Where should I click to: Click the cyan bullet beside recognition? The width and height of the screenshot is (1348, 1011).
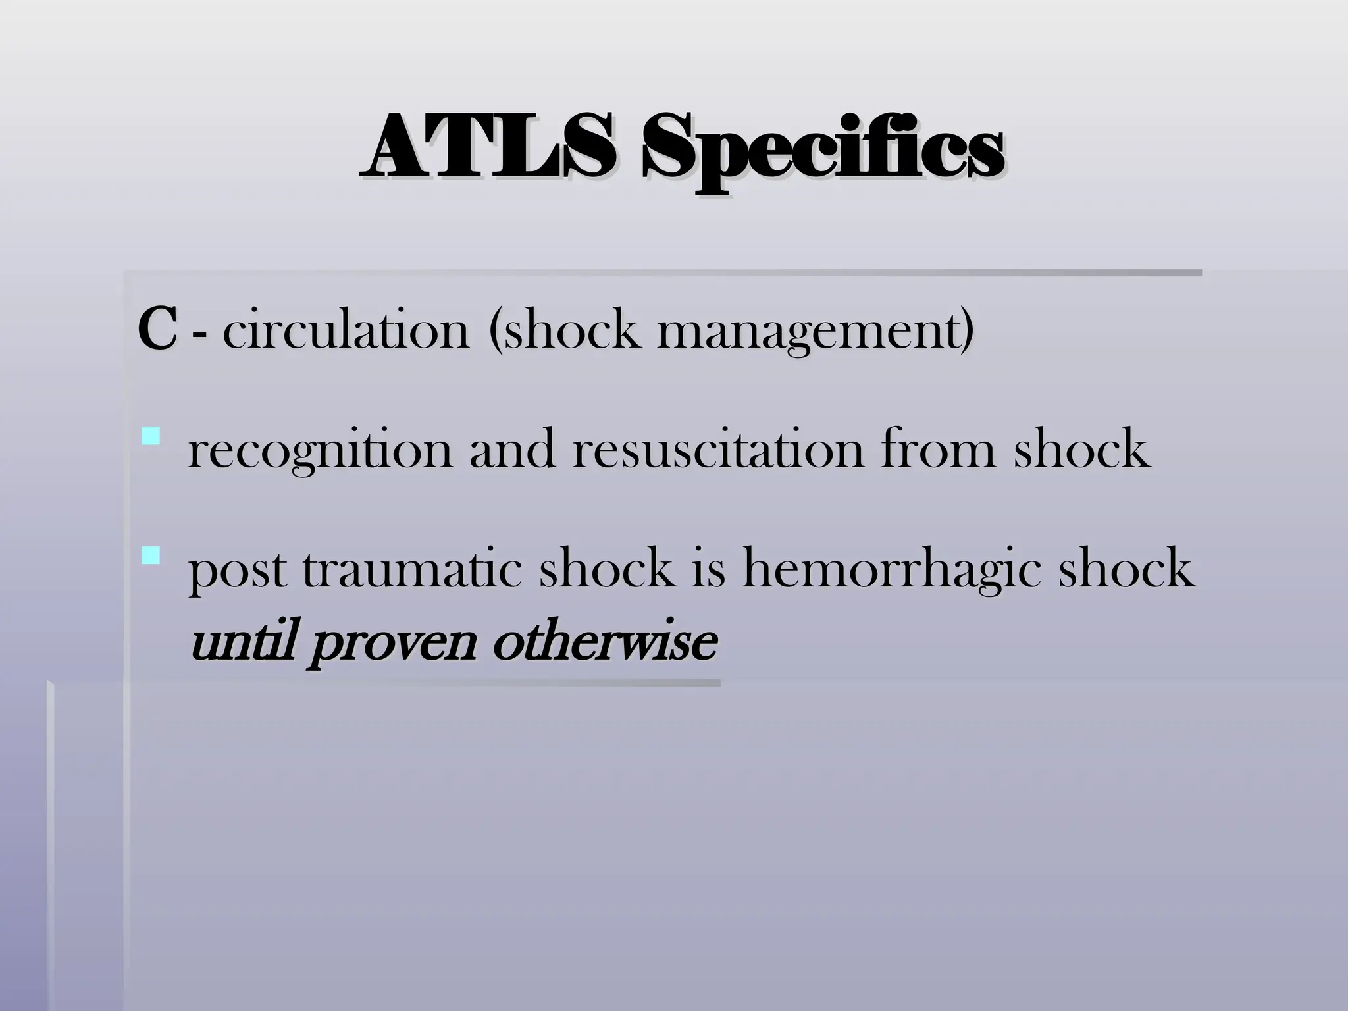151,436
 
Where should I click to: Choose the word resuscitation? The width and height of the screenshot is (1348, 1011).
717,450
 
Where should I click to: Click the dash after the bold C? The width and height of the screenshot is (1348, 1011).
199,336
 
